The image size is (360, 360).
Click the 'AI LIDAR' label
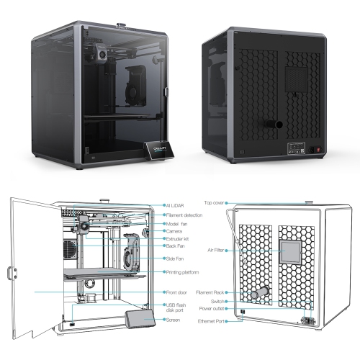click(176, 204)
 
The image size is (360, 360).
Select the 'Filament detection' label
click(183, 214)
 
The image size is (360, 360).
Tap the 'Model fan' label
click(176, 223)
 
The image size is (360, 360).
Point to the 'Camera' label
click(174, 231)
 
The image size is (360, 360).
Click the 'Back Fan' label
click(174, 247)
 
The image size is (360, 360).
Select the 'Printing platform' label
click(181, 272)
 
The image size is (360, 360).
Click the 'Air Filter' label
click(215, 250)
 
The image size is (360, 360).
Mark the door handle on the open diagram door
click(12, 274)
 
